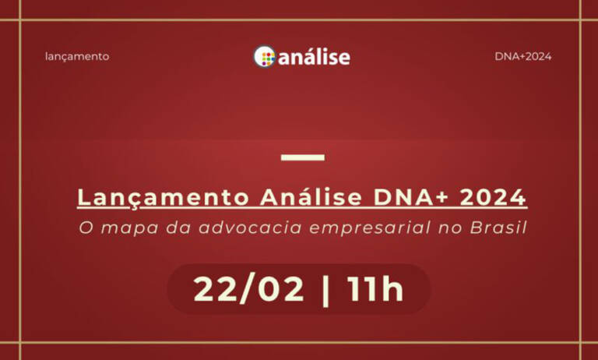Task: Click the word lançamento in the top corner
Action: tap(77, 56)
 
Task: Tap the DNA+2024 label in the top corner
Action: tap(522, 56)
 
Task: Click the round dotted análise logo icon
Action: tap(265, 56)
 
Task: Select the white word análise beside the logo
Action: tap(314, 57)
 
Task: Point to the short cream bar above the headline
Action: tap(302, 157)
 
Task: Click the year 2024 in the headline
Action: tap(493, 198)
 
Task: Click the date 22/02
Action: tap(248, 289)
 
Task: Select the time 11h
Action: tap(375, 289)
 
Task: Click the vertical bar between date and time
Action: tap(325, 289)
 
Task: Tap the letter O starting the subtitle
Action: tap(85, 229)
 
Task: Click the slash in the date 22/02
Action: tap(249, 289)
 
